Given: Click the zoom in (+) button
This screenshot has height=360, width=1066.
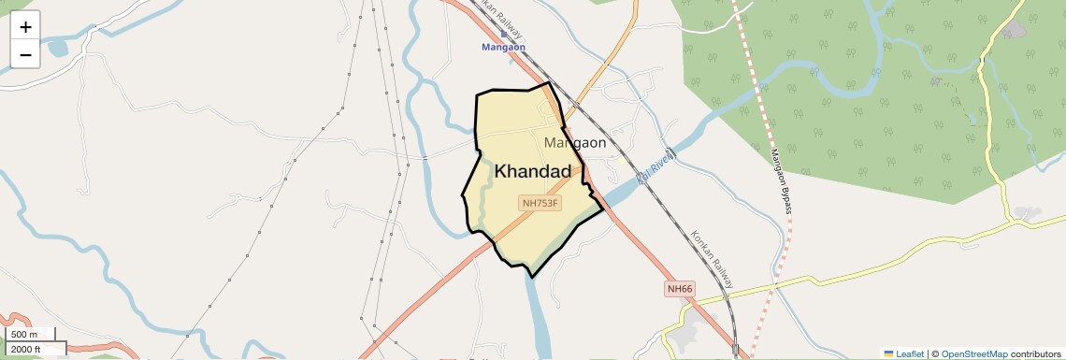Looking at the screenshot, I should click(25, 27).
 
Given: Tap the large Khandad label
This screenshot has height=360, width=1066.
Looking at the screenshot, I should click(532, 171).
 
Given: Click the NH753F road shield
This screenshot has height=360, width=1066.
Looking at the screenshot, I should click(540, 203).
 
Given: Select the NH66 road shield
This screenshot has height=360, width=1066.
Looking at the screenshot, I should click(680, 289).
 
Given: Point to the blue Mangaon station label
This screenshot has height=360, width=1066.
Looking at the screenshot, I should click(504, 47).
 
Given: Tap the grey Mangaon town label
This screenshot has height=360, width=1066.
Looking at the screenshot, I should click(575, 143).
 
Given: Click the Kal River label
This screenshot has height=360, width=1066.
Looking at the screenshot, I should click(655, 166).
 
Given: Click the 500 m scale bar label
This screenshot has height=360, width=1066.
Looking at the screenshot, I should click(23, 335).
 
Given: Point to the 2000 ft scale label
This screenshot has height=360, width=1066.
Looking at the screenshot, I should click(26, 349).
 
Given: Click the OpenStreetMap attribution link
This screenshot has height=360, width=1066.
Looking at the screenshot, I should click(974, 354).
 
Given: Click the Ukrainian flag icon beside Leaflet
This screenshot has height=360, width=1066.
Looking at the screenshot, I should click(888, 354).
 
